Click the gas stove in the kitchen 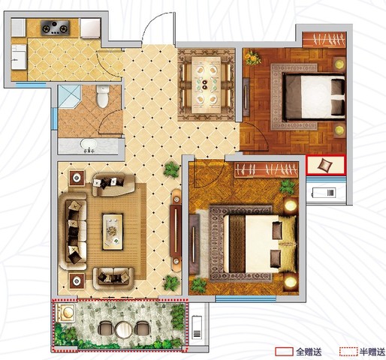(55, 27)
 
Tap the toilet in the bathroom (103, 97)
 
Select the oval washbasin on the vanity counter (89, 144)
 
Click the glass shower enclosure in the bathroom (69, 97)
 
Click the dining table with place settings (207, 85)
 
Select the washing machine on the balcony (65, 313)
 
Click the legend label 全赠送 (309, 352)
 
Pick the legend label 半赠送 (372, 352)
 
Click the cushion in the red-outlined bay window (325, 165)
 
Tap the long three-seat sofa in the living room (74, 231)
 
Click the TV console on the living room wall (176, 230)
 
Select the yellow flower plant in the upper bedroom (253, 58)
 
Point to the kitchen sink (19, 57)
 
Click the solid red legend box (284, 352)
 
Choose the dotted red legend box (348, 352)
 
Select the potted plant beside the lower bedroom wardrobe (288, 187)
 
